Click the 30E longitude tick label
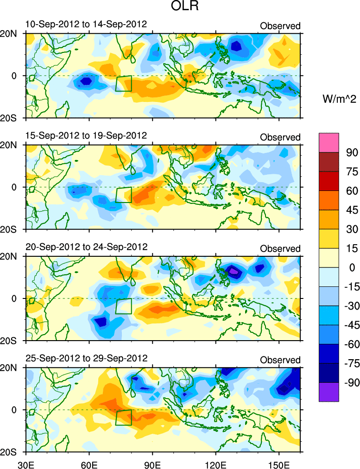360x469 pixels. click(x=25, y=463)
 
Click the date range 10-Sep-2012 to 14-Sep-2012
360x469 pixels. click(x=86, y=24)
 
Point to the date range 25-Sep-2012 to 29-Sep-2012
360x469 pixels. click(x=86, y=358)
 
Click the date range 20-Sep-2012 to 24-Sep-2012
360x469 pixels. click(x=86, y=247)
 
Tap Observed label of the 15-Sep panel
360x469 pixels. click(x=280, y=137)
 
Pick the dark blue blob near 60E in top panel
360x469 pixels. click(x=86, y=81)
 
